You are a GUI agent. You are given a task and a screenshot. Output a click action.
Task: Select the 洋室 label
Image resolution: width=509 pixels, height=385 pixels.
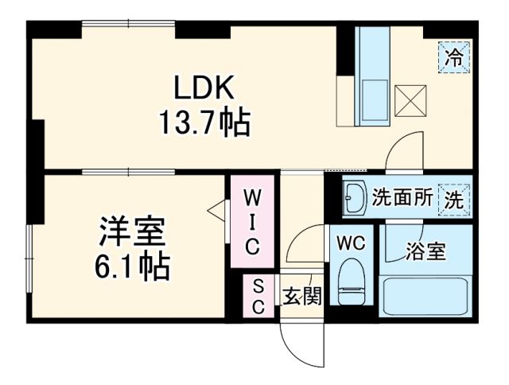pyautogui.click(x=131, y=231)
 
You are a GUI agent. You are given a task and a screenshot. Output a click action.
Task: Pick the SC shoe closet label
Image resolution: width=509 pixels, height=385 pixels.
pyautogui.click(x=258, y=295)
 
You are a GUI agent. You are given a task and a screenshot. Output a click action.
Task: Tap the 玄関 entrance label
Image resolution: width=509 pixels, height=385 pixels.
pyautogui.click(x=303, y=297)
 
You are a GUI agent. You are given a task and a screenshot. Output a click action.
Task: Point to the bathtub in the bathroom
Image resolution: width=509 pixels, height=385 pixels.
pyautogui.click(x=426, y=297)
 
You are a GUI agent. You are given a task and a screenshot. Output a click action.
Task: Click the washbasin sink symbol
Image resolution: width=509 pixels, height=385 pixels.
pyautogui.click(x=355, y=199)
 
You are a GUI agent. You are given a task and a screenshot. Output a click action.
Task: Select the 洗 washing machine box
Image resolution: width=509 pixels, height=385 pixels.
pyautogui.click(x=454, y=198)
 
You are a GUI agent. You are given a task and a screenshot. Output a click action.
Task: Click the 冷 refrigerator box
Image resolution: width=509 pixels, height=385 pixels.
pyautogui.click(x=454, y=57)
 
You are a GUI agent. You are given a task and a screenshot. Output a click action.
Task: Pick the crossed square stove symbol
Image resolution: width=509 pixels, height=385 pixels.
pyautogui.click(x=411, y=101)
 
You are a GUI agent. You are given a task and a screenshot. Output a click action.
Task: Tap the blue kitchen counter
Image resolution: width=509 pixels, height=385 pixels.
pyautogui.click(x=371, y=76)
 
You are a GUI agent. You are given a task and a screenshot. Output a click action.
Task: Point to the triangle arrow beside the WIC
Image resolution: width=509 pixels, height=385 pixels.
pyautogui.click(x=216, y=210)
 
